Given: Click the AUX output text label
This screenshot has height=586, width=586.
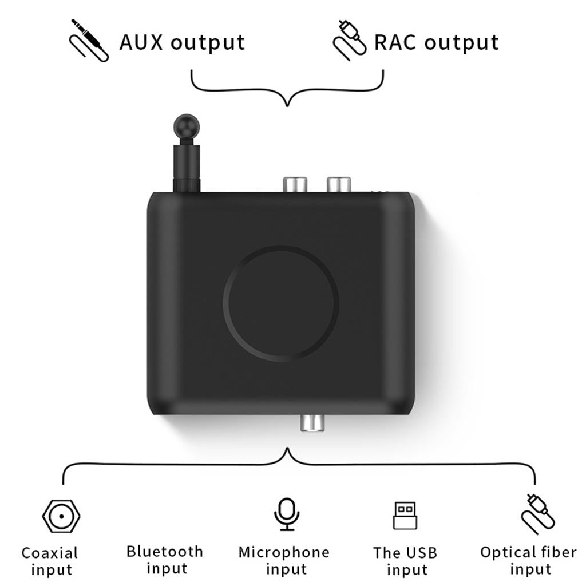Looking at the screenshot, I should (x=182, y=42).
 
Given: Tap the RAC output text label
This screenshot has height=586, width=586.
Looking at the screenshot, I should (x=436, y=42).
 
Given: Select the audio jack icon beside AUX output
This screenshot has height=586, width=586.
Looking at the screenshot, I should (x=89, y=40).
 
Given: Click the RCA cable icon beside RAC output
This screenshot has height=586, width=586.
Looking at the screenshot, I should (x=349, y=40).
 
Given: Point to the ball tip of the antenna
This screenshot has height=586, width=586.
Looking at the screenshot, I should (x=187, y=125).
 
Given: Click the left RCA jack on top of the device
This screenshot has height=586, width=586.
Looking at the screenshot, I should (x=295, y=184).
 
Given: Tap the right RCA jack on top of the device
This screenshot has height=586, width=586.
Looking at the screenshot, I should (x=338, y=184).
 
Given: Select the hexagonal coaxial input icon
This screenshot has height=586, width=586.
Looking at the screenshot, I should (x=61, y=516).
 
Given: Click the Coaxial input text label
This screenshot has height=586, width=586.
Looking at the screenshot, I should (x=50, y=561).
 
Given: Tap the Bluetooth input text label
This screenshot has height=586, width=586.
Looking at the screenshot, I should (x=165, y=560).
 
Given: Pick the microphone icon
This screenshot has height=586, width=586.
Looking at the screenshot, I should (x=286, y=513).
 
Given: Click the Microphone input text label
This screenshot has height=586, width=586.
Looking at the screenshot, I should (x=284, y=561).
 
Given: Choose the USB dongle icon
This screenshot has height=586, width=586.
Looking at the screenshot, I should (x=405, y=515).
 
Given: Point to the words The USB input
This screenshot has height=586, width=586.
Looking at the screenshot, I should (x=405, y=561).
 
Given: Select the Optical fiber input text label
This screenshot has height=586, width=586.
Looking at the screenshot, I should (x=528, y=561).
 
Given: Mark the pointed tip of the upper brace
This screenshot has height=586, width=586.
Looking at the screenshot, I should (x=287, y=105).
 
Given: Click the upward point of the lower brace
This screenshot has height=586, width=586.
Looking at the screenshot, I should (x=287, y=450).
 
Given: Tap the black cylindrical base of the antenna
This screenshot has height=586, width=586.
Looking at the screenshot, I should (x=187, y=169).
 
